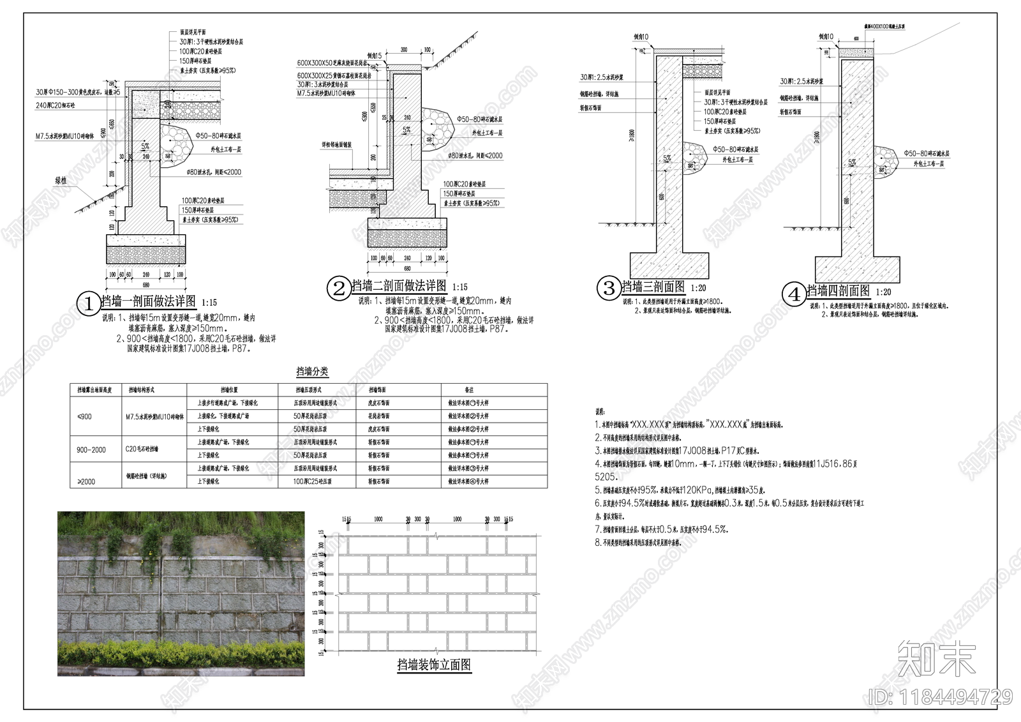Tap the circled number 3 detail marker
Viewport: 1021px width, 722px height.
609,288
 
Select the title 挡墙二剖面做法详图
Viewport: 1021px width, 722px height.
399,286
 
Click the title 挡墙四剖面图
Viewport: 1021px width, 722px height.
838,291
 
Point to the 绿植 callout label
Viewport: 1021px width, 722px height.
61,181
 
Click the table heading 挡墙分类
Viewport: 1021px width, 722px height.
312,372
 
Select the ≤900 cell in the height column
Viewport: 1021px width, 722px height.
84,417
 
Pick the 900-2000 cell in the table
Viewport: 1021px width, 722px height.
91,450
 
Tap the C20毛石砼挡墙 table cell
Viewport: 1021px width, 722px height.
142,449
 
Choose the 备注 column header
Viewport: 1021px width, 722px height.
469,390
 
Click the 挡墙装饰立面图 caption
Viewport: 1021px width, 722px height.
434,665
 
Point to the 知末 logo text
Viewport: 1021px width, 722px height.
936,658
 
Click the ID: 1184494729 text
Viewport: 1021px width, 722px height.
941,696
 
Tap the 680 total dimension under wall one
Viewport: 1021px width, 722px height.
145,285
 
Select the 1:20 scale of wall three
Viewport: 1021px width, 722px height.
698,289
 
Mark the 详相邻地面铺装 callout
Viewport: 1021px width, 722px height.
336,145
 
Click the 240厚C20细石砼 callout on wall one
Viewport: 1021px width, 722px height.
56,105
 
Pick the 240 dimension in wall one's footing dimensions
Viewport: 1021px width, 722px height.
145,275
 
